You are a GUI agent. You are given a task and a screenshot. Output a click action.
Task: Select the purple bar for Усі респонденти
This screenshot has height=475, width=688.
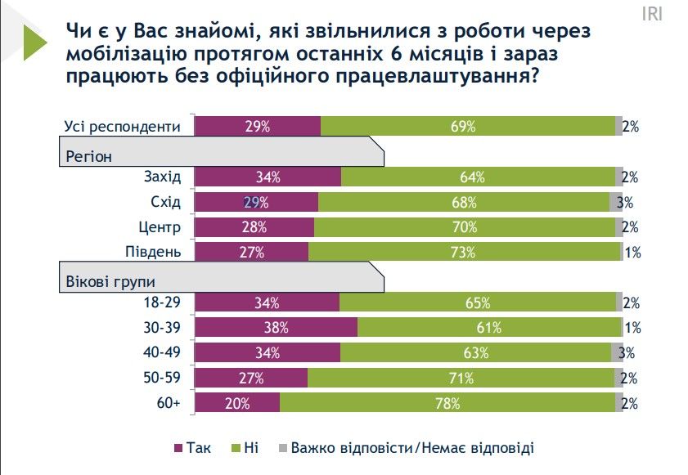pyautogui.click(x=257, y=126)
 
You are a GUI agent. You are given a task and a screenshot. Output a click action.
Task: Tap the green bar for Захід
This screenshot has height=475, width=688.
pyautogui.click(x=478, y=177)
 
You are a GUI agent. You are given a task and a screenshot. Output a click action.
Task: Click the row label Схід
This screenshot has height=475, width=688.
pyautogui.click(x=167, y=203)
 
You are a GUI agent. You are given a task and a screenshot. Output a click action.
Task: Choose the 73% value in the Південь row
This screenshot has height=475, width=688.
pyautogui.click(x=463, y=253)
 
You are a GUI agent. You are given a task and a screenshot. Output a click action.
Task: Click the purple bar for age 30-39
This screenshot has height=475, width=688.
pyautogui.click(x=276, y=328)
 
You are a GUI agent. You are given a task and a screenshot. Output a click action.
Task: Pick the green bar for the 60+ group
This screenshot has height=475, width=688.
pyautogui.click(x=447, y=404)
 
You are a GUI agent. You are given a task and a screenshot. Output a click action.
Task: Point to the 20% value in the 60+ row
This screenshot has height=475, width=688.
pyautogui.click(x=239, y=404)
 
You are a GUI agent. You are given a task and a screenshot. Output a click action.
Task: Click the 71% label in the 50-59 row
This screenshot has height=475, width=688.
pyautogui.click(x=461, y=379)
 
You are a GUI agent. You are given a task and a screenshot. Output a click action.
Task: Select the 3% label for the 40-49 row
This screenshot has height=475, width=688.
pyautogui.click(x=627, y=353)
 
